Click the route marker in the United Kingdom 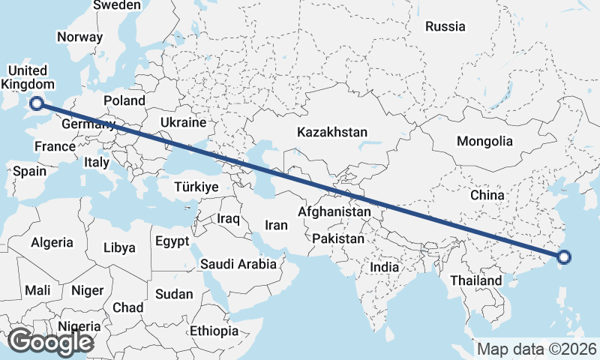click(35, 104)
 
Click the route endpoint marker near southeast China click(565, 258)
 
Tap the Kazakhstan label click(332, 133)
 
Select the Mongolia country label click(484, 141)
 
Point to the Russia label click(445, 27)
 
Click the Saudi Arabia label click(238, 264)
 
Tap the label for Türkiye click(196, 187)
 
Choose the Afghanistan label click(334, 212)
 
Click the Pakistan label click(338, 239)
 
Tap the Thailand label click(475, 280)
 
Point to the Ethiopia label click(214, 331)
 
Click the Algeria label click(52, 242)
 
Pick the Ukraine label click(183, 122)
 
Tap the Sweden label click(116, 5)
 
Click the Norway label click(79, 37)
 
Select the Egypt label click(172, 241)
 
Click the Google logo click(50, 342)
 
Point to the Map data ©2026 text click(536, 349)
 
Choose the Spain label click(29, 171)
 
